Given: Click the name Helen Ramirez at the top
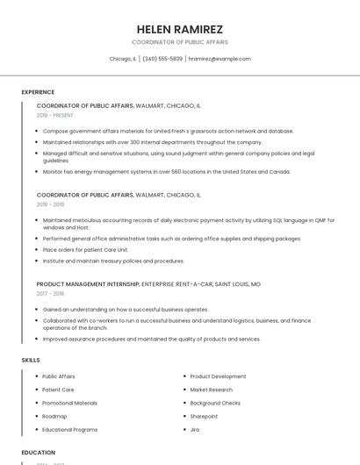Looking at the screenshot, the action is click(180, 29).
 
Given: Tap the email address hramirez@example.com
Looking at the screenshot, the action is click(220, 59).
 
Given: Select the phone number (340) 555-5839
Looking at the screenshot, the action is click(162, 59).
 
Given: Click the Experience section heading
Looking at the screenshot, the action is click(38, 92).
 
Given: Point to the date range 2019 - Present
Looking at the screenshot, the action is click(55, 115).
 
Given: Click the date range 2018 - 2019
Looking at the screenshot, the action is click(50, 204).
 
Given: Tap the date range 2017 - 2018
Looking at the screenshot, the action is click(50, 294).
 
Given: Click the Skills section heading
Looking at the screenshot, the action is click(31, 361).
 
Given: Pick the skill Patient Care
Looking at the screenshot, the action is click(58, 390).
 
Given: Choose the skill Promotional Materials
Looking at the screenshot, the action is click(69, 403).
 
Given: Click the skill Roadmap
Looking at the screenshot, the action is click(54, 416).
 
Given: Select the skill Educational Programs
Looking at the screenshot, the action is click(69, 430).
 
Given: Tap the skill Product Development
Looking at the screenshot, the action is click(218, 376).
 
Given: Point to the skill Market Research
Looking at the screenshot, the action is click(211, 390).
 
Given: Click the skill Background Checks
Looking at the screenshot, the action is click(215, 403).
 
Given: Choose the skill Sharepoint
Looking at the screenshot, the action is click(204, 416).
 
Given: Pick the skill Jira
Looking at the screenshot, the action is click(195, 430).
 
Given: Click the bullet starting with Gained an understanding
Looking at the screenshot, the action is click(126, 309).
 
